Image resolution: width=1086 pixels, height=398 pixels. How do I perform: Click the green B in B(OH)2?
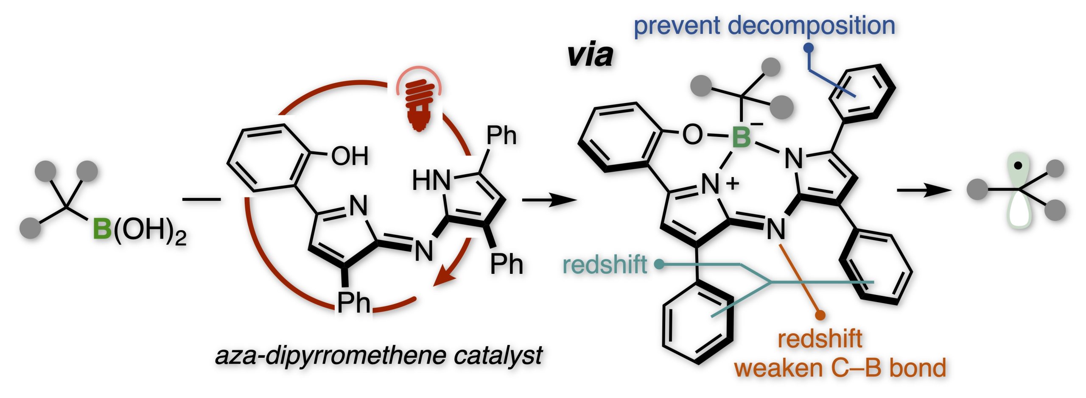[x=102, y=229]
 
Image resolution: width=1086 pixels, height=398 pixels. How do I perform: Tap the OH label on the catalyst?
[x=350, y=156]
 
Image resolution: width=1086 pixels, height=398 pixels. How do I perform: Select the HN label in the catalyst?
[x=431, y=180]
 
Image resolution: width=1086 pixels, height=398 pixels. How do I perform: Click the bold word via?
[x=590, y=56]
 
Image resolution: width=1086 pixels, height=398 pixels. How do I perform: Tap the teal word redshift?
[x=605, y=265]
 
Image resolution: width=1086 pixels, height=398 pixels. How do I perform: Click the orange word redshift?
[x=820, y=339]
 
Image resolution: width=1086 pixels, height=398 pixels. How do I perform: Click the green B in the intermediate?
[x=741, y=137]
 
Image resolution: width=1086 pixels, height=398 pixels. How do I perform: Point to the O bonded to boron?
[x=692, y=135]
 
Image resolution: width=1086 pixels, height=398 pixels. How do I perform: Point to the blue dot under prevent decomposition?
[x=809, y=48]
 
